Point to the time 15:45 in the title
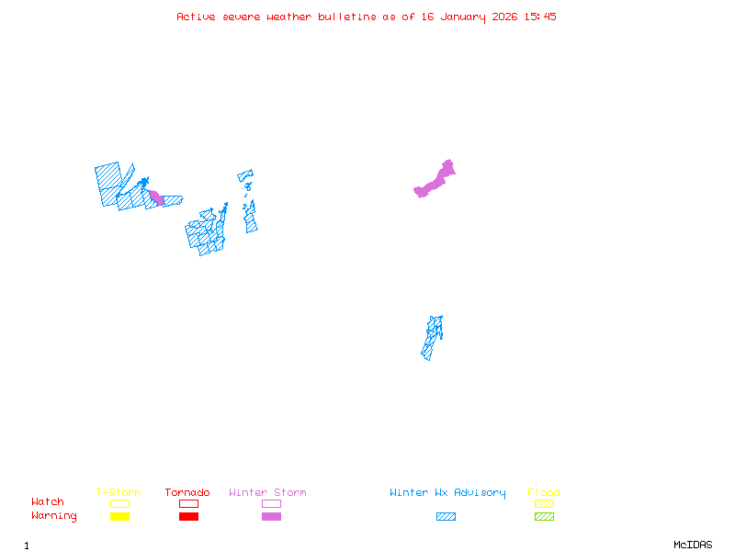point(540,17)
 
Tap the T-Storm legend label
point(119,492)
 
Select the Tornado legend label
point(187,492)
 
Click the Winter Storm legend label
point(267,492)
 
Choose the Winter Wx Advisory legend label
point(447,492)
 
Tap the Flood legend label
point(544,492)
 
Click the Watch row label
point(48,502)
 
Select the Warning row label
point(54,516)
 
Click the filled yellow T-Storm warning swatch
point(119,516)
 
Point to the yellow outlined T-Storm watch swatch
point(119,503)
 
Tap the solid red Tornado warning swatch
point(188,516)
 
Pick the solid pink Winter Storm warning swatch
point(271,516)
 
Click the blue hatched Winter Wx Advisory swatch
point(446,516)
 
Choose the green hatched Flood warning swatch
point(544,516)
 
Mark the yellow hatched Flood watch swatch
point(544,503)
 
